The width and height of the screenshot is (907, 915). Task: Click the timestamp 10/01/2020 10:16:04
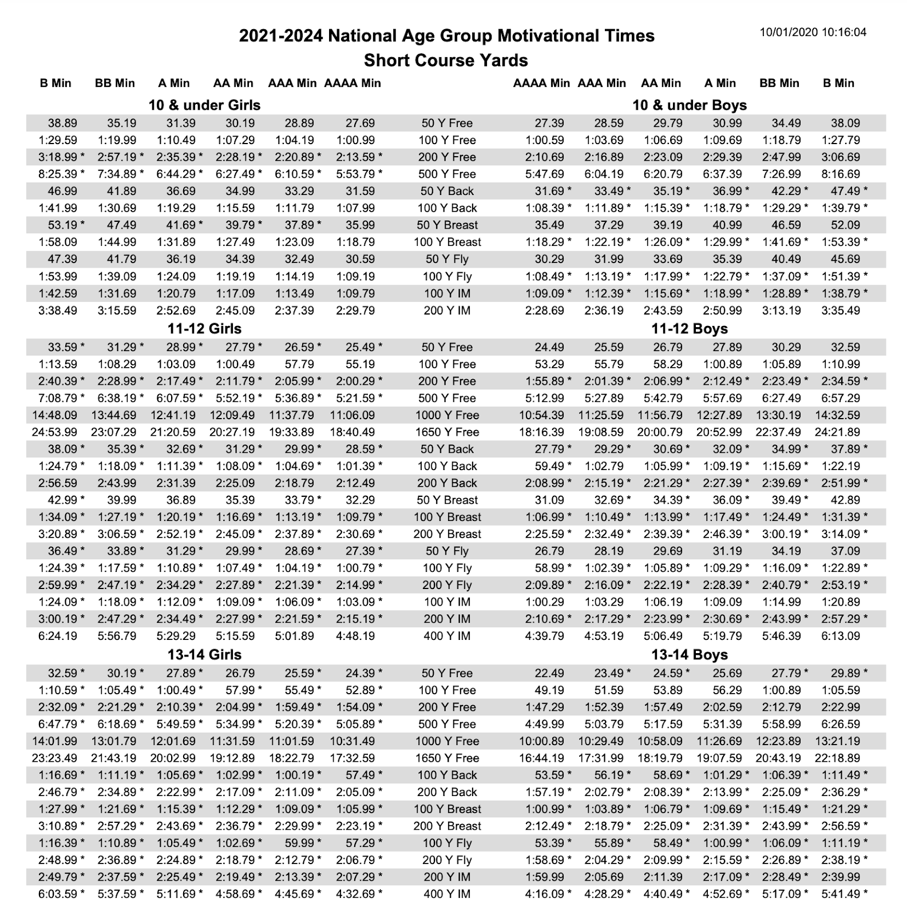[x=813, y=32]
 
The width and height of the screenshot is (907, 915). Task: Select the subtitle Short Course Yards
[x=446, y=60]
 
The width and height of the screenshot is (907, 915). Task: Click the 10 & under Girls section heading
[x=204, y=105]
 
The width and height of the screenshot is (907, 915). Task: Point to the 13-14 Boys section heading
[x=689, y=654]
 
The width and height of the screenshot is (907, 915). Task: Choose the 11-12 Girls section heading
[x=204, y=329]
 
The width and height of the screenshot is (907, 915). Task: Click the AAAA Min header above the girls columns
[x=352, y=83]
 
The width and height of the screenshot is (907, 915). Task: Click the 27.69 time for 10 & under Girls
[x=360, y=123]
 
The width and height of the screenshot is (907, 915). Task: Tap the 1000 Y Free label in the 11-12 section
[x=447, y=415]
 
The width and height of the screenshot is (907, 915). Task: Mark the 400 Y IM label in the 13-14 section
[x=447, y=894]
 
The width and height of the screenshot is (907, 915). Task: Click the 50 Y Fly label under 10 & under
[x=447, y=259]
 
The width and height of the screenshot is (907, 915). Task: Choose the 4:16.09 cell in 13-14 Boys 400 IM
[x=545, y=894]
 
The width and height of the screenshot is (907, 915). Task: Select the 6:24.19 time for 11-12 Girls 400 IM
[x=58, y=636]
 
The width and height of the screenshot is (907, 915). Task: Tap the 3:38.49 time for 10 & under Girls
[x=58, y=311]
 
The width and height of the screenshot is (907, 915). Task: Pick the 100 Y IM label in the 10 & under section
[x=447, y=293]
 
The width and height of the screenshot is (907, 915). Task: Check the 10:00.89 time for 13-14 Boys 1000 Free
[x=541, y=741]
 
